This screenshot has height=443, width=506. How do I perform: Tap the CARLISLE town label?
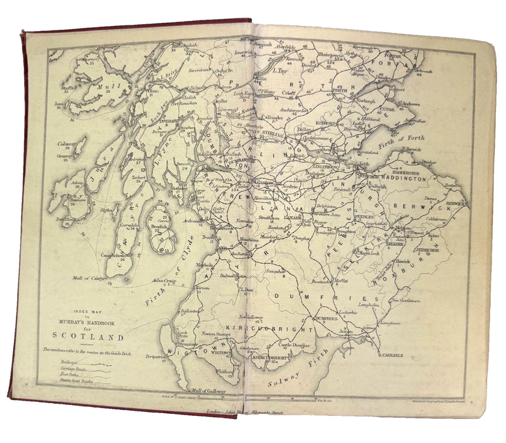click(x=392, y=356)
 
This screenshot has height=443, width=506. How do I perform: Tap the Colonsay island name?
click(x=64, y=143)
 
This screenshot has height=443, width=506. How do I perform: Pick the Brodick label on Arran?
click(x=158, y=227)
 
